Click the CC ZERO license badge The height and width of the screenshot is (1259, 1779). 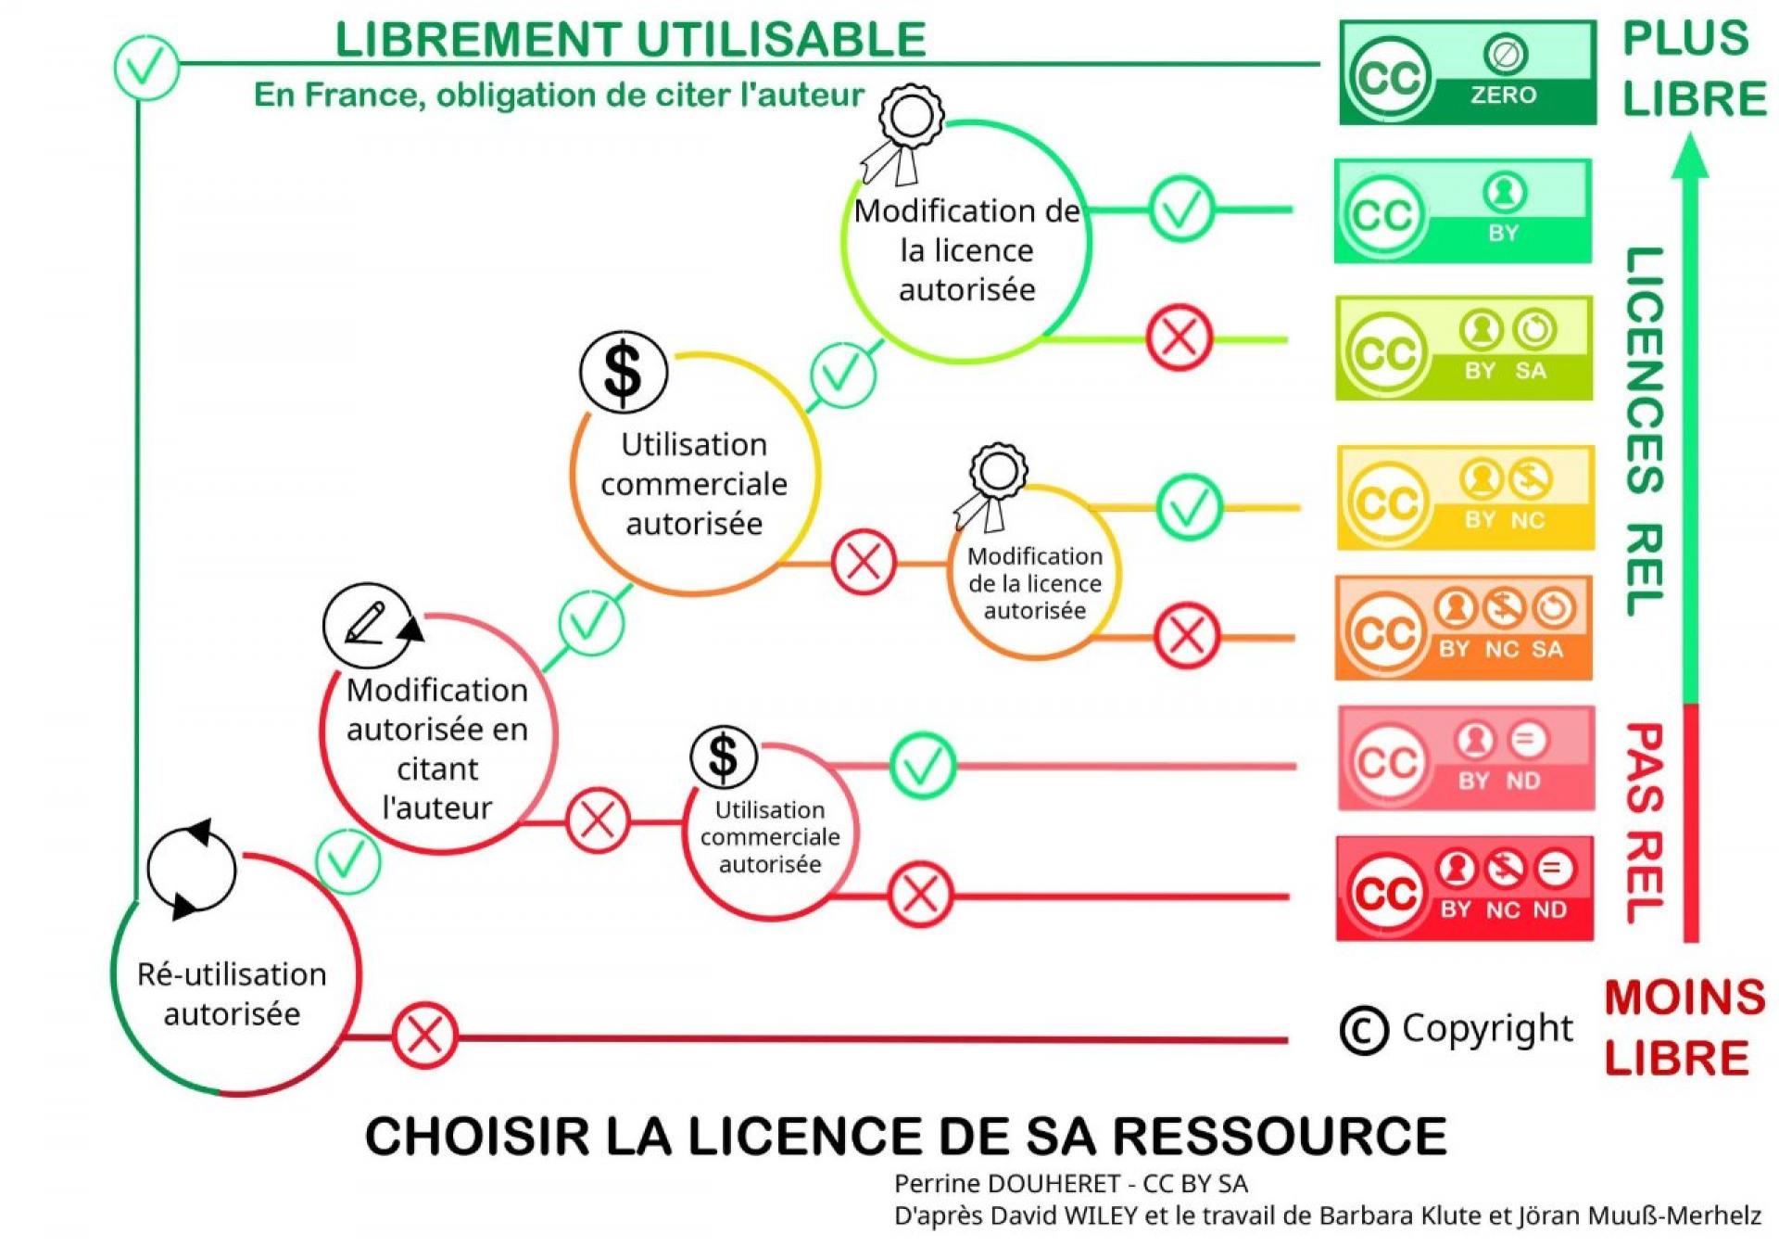[1468, 73]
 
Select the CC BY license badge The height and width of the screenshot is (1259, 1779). [1463, 211]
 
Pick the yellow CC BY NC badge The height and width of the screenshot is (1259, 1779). [1465, 498]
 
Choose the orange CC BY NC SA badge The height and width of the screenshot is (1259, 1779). [1464, 628]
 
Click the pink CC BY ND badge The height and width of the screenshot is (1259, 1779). [1465, 758]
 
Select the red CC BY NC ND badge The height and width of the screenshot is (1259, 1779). [1464, 889]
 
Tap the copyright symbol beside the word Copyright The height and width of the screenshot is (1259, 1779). [1364, 1030]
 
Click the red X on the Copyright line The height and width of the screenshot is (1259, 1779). [424, 1035]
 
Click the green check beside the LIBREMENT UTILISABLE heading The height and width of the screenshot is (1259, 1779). [146, 67]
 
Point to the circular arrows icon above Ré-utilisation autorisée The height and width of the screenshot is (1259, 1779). [192, 870]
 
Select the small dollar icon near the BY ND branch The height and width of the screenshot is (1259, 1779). [723, 756]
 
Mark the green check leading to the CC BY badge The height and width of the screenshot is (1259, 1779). [1181, 210]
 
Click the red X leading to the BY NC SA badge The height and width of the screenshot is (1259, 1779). [1187, 636]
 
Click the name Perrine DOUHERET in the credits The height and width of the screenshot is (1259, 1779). [1007, 1184]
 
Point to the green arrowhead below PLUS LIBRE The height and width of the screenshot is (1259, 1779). [1690, 155]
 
